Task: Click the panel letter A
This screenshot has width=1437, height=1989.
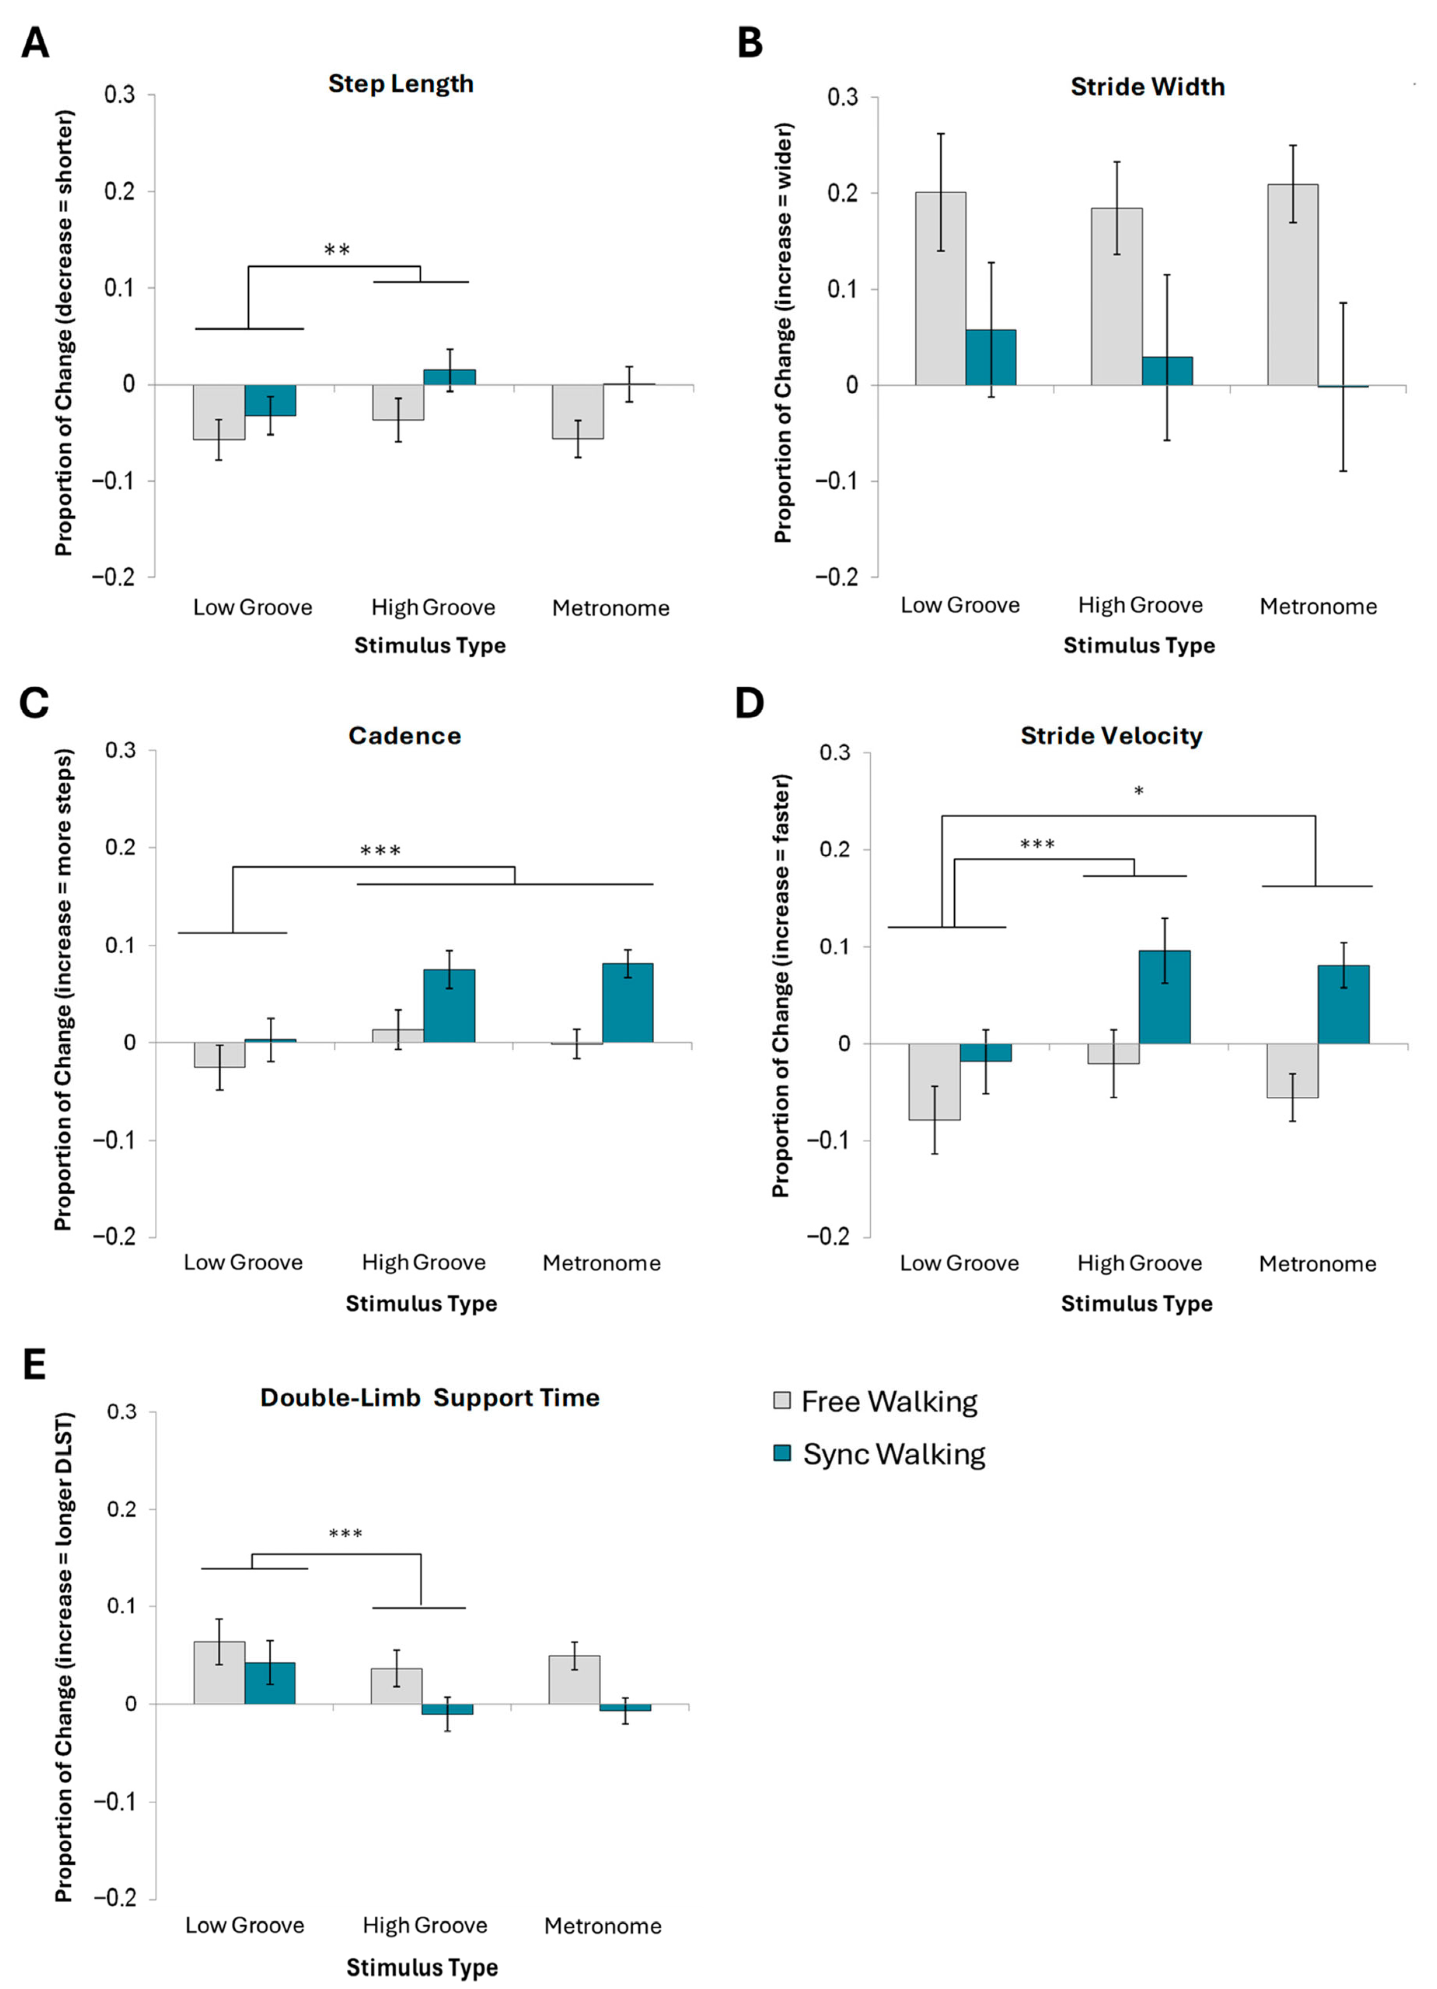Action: click(35, 42)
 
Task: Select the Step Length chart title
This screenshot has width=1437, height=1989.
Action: click(401, 84)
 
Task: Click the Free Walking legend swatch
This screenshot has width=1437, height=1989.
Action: click(781, 1400)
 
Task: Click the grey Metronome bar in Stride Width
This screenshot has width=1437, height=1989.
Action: click(1292, 285)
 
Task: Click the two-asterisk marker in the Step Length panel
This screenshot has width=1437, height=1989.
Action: click(337, 251)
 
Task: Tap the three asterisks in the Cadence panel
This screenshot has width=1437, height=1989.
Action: click(381, 851)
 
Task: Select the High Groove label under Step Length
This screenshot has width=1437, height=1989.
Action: click(433, 608)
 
